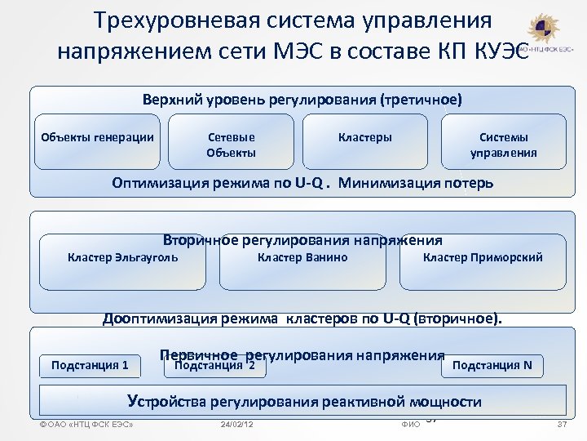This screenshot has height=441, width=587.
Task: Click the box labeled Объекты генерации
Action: (x=98, y=137)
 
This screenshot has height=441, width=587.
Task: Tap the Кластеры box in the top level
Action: (x=364, y=137)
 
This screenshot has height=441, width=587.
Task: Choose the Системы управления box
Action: (x=503, y=145)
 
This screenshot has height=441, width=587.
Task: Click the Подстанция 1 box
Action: (x=90, y=365)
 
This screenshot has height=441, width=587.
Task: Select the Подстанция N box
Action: (x=492, y=365)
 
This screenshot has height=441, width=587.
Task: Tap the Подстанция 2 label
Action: (x=210, y=366)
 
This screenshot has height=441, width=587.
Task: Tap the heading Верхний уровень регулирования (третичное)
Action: (x=302, y=100)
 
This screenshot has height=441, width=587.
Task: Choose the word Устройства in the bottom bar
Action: (x=166, y=402)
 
